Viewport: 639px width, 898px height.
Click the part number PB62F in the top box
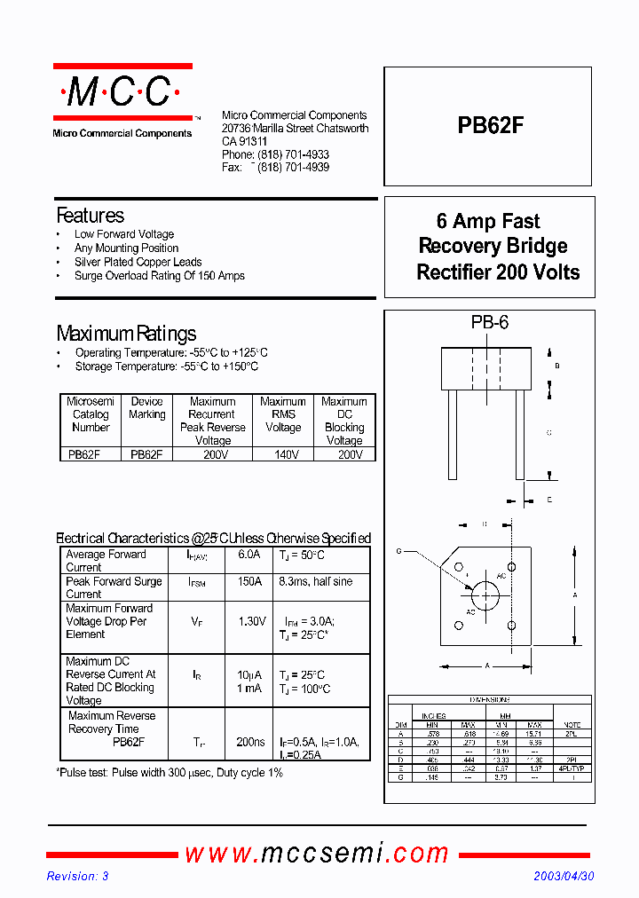coord(490,126)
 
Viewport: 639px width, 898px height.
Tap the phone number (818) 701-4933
coord(293,154)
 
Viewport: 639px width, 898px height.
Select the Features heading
coord(90,216)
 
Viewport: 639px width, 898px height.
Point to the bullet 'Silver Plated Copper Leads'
coord(138,262)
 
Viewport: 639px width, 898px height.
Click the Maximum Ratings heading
coord(126,334)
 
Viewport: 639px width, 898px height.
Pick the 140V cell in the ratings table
coord(283,454)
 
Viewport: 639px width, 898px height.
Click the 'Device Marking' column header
coord(146,408)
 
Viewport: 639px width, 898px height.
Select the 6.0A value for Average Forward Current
coord(249,555)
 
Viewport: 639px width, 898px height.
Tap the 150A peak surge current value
coord(249,581)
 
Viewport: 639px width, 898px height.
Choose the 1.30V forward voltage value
coord(252,621)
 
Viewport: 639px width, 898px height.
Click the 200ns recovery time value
coord(251,742)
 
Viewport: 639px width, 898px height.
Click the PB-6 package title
coord(489,324)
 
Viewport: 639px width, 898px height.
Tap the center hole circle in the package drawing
coord(485,594)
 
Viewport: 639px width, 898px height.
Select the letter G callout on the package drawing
coord(399,551)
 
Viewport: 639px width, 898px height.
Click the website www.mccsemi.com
coord(317,853)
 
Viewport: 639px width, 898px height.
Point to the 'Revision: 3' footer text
coord(77,876)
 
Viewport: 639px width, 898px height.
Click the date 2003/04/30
coord(564,876)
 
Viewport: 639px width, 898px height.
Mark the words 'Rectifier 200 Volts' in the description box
coord(498,272)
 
